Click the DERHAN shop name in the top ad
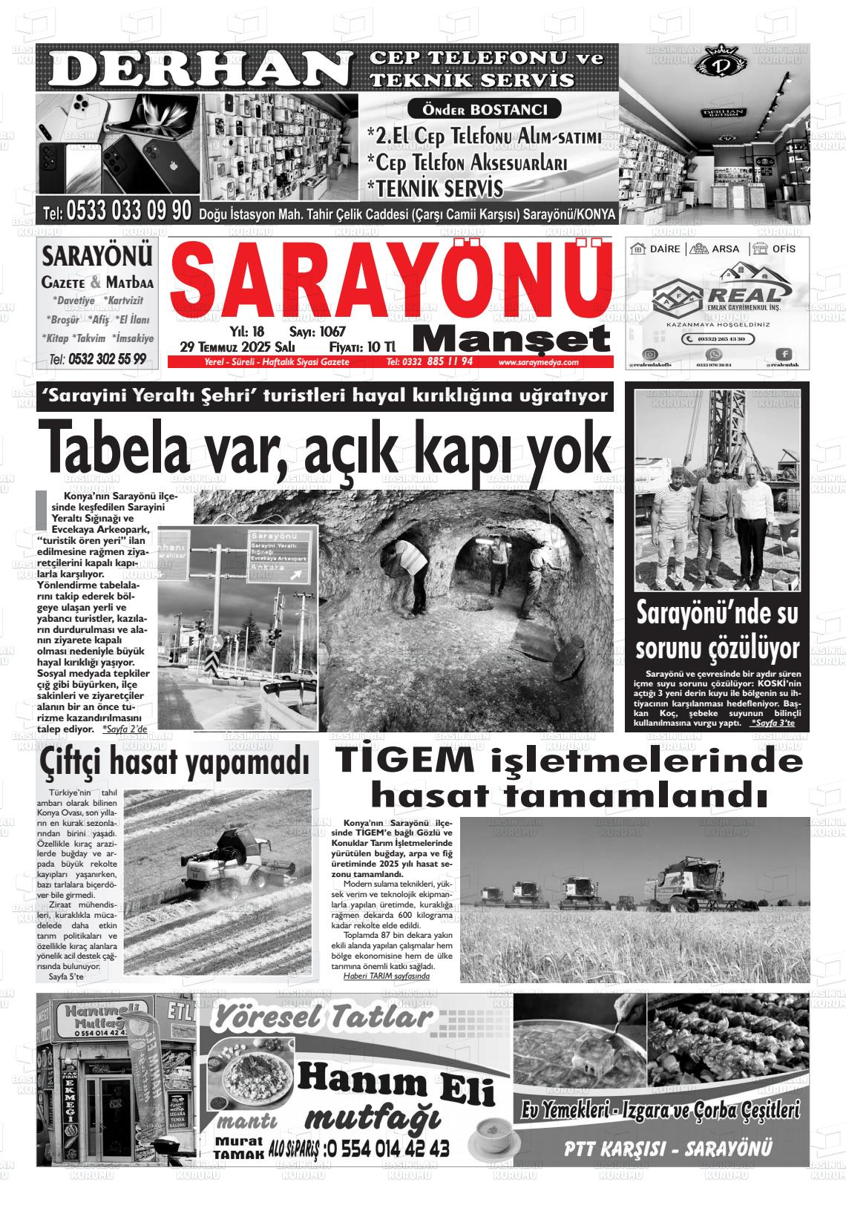pyautogui.click(x=197, y=69)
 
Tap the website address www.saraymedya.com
pyautogui.click(x=538, y=362)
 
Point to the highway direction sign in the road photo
pyautogui.click(x=283, y=554)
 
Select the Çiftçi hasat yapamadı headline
pyautogui.click(x=175, y=761)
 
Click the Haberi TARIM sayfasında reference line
pyautogui.click(x=386, y=976)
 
